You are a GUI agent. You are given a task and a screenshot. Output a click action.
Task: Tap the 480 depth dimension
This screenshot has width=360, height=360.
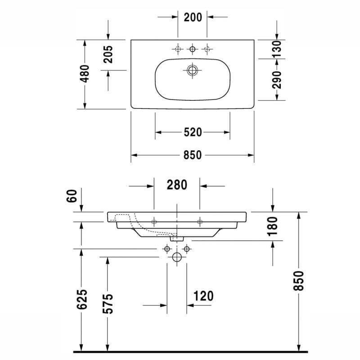[x=84, y=73]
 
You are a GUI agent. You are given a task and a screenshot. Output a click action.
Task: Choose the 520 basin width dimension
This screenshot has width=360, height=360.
[x=192, y=132]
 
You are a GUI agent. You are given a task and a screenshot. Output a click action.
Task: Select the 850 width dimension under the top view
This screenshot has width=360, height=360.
[x=192, y=155]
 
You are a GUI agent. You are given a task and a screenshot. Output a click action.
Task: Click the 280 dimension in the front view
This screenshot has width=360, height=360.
[x=176, y=184]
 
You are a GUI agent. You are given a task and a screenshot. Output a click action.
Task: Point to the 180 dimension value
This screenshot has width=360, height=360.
[x=273, y=226]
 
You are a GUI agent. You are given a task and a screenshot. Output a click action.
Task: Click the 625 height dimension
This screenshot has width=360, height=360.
[x=81, y=299]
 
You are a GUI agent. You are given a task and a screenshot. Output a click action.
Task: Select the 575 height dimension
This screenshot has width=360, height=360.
[x=107, y=304]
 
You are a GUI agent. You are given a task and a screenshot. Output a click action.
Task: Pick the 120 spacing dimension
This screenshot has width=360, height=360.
[x=203, y=296]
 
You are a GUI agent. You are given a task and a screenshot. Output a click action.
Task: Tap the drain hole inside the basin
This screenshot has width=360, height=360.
[x=193, y=70]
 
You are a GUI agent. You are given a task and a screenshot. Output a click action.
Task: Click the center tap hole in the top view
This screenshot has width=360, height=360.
[x=193, y=48]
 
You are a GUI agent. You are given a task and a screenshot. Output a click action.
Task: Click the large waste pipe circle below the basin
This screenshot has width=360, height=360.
[x=177, y=257]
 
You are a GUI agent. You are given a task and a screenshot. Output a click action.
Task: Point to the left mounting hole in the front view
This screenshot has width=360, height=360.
[x=154, y=221]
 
